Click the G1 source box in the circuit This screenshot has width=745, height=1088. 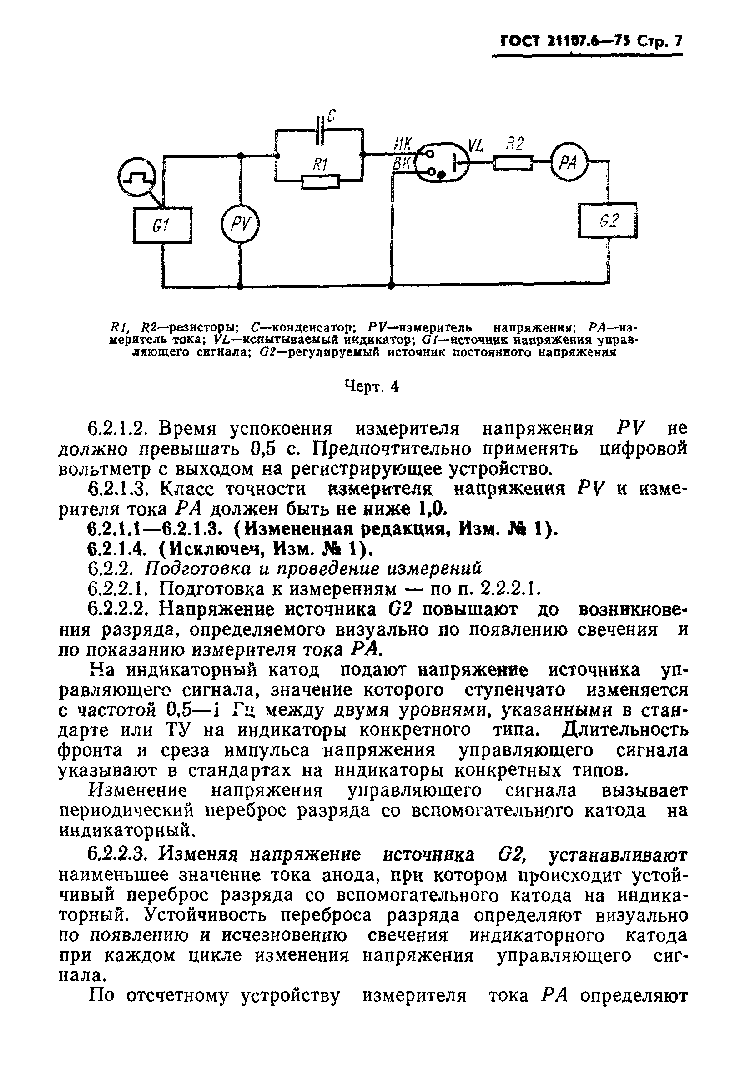[x=162, y=225]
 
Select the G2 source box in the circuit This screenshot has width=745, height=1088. [x=607, y=220]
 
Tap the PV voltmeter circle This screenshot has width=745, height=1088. [x=240, y=226]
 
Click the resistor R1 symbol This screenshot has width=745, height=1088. [x=320, y=180]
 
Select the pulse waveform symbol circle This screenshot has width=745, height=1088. [x=136, y=177]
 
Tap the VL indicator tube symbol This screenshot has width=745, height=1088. [x=442, y=162]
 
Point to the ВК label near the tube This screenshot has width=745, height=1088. [x=402, y=163]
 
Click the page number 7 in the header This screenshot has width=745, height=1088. [x=677, y=42]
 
